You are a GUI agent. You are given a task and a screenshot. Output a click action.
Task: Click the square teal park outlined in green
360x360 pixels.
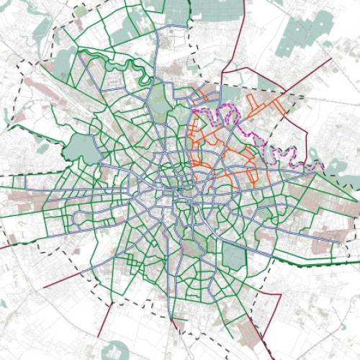click(x=235, y=256)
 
